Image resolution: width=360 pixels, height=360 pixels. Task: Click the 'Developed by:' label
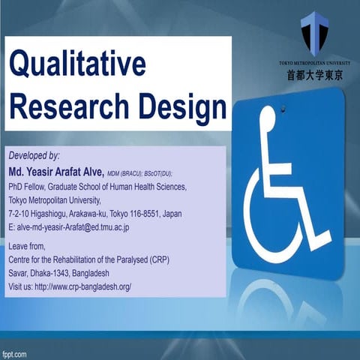click(34, 155)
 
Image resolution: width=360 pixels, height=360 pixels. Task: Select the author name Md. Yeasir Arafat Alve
click(55, 171)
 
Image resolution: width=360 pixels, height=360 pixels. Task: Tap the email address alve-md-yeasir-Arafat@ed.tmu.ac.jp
click(75, 226)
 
